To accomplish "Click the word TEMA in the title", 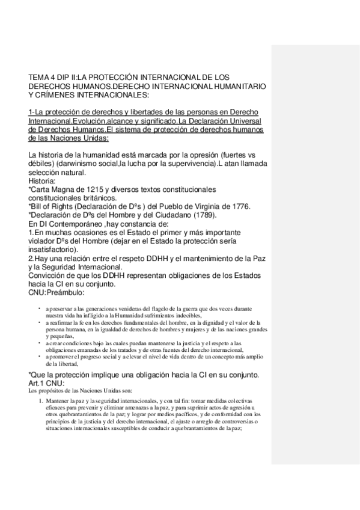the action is [x=38, y=78].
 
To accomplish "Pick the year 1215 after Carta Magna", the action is [x=90, y=189].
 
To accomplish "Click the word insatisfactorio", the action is [x=55, y=249].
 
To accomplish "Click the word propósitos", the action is [x=53, y=390].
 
